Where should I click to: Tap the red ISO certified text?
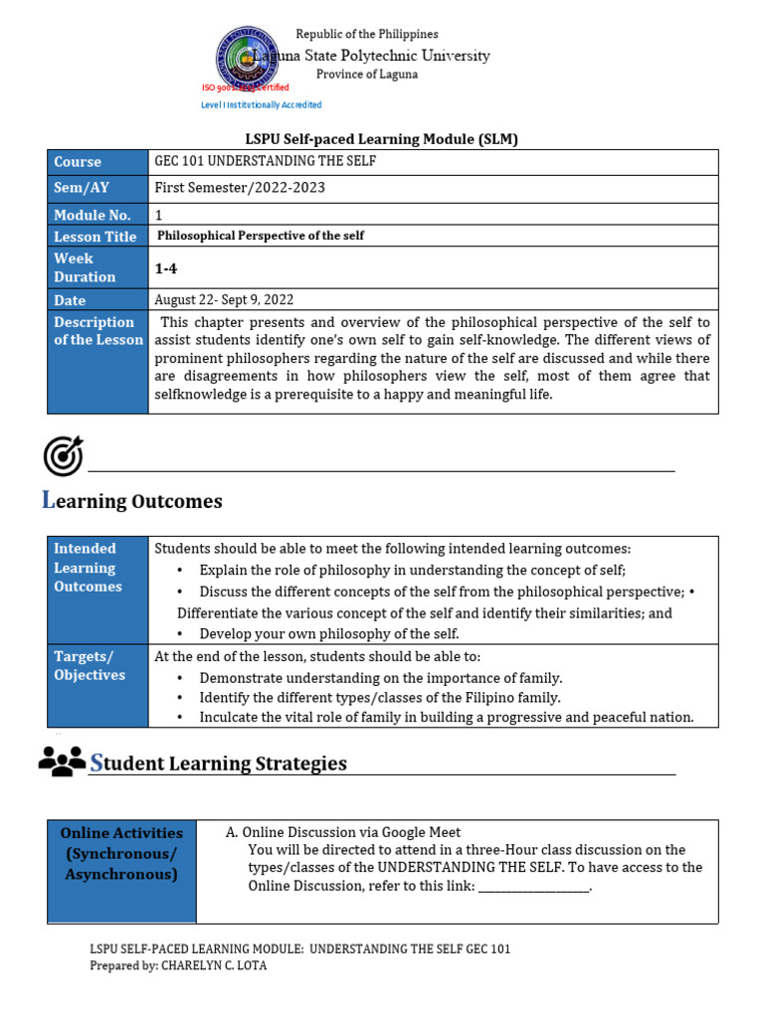(x=246, y=87)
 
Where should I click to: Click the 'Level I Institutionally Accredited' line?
(x=262, y=104)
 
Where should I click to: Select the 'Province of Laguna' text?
(x=367, y=75)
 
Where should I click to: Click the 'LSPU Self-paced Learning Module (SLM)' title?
(x=382, y=139)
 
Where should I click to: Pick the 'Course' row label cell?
(x=97, y=162)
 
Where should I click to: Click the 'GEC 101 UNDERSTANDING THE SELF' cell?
(x=266, y=161)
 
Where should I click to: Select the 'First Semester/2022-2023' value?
(x=240, y=188)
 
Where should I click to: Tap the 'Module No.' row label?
(x=97, y=215)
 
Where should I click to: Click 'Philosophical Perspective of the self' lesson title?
(x=262, y=236)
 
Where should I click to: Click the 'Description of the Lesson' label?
(x=97, y=331)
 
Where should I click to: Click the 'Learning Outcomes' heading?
(x=132, y=501)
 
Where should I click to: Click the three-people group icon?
(x=62, y=761)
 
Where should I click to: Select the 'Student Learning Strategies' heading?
(x=219, y=763)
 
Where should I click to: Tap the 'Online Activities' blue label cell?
(x=121, y=853)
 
